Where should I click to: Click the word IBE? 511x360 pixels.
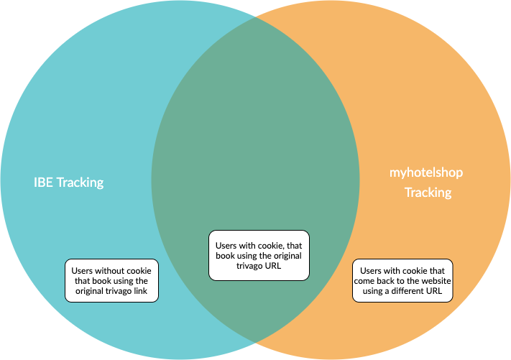pos(44,183)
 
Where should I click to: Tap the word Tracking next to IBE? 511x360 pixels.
pos(80,183)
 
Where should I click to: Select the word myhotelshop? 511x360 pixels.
pos(426,172)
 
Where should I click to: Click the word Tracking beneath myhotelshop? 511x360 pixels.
pos(428,193)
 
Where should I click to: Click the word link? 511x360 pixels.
pos(147,292)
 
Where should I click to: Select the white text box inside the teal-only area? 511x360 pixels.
pos(112,281)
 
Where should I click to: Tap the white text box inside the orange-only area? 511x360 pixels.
pos(402,281)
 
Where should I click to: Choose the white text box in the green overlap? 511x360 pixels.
pos(259,255)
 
